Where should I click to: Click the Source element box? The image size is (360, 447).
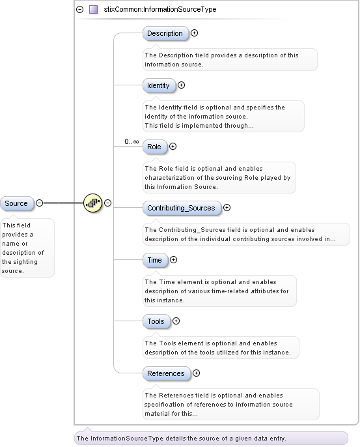(16, 203)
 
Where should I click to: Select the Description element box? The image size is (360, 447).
(165, 33)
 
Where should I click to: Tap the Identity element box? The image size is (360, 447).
(158, 85)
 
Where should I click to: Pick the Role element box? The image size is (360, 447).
(154, 147)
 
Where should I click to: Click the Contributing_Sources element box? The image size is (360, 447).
(180, 208)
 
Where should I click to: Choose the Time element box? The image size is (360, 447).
(154, 260)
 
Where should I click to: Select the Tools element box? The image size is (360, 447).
(156, 321)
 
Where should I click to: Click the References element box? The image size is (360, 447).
(165, 373)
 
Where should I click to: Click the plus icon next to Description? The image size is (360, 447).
(194, 33)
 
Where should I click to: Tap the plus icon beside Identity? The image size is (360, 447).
(182, 85)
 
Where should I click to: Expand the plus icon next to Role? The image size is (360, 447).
(173, 147)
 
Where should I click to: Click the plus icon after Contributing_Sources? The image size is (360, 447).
(227, 208)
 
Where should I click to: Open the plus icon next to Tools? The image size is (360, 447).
(176, 321)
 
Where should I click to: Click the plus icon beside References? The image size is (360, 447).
(196, 373)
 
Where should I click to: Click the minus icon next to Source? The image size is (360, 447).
(39, 203)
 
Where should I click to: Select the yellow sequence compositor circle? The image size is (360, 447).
(94, 203)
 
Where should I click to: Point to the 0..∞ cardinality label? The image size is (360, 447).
(132, 141)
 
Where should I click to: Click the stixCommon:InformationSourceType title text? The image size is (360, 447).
(160, 10)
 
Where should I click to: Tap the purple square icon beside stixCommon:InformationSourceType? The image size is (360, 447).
(94, 10)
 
